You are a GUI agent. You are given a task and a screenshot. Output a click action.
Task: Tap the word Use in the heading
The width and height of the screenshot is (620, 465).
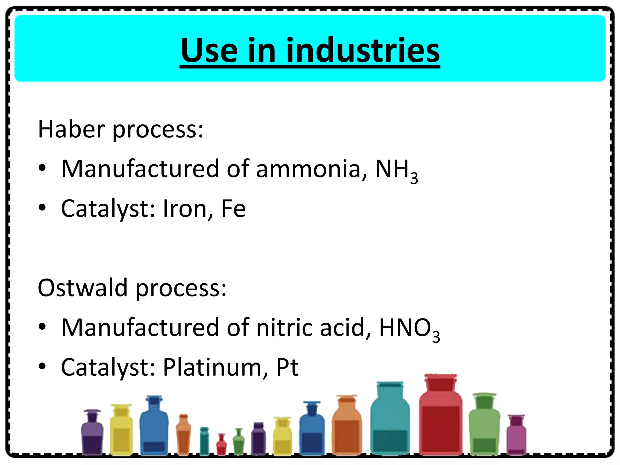tap(209, 51)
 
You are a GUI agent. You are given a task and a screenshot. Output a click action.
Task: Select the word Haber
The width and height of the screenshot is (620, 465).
tap(71, 129)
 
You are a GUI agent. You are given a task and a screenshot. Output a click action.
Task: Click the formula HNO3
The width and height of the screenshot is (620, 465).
tap(409, 329)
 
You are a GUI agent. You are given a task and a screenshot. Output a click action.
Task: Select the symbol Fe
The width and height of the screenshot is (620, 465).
tap(233, 209)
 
